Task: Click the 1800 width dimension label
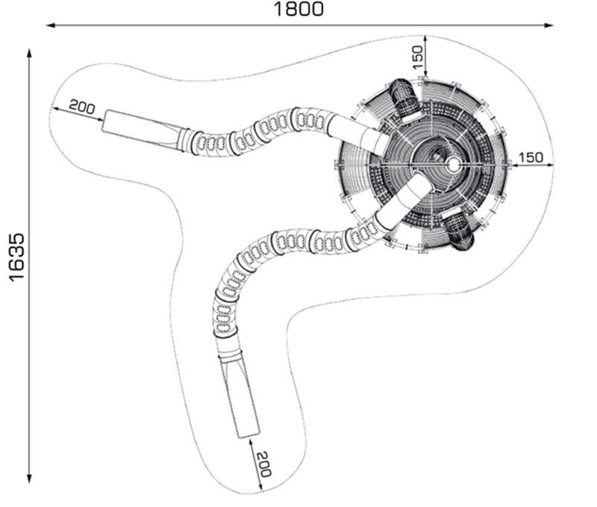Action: pyautogui.click(x=298, y=10)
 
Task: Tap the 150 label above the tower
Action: pyautogui.click(x=417, y=55)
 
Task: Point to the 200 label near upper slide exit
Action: pyautogui.click(x=82, y=107)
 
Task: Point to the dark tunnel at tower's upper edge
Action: pyautogui.click(x=404, y=97)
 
